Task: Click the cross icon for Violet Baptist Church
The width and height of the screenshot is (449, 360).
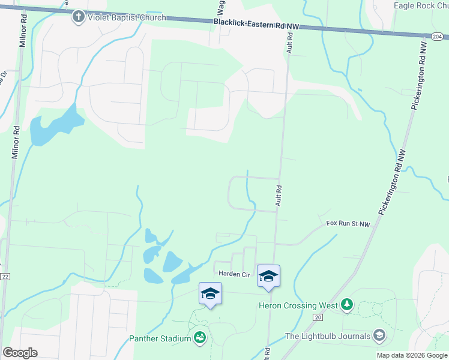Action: pyautogui.click(x=78, y=16)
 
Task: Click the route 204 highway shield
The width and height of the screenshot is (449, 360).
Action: pyautogui.click(x=435, y=36)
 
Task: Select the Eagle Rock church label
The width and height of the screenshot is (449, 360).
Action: pyautogui.click(x=421, y=6)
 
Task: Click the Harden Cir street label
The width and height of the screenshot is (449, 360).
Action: pyautogui.click(x=234, y=274)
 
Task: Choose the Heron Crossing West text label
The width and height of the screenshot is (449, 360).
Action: pyautogui.click(x=297, y=305)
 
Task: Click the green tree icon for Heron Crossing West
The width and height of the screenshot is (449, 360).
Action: pyautogui.click(x=346, y=305)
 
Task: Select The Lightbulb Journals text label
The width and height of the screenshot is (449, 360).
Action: pyautogui.click(x=327, y=336)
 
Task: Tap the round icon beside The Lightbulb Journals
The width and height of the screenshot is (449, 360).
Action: pyautogui.click(x=379, y=336)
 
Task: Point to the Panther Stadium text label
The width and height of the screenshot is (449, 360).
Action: pyautogui.click(x=160, y=338)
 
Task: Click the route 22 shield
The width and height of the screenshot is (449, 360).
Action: pyautogui.click(x=5, y=276)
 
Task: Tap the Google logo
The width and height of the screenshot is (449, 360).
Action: pyautogui.click(x=20, y=353)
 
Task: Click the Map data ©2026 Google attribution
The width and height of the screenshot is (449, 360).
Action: pyautogui.click(x=412, y=355)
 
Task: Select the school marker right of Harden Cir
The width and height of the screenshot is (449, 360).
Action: pyautogui.click(x=268, y=277)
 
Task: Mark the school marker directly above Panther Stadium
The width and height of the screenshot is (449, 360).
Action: pyautogui.click(x=210, y=294)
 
